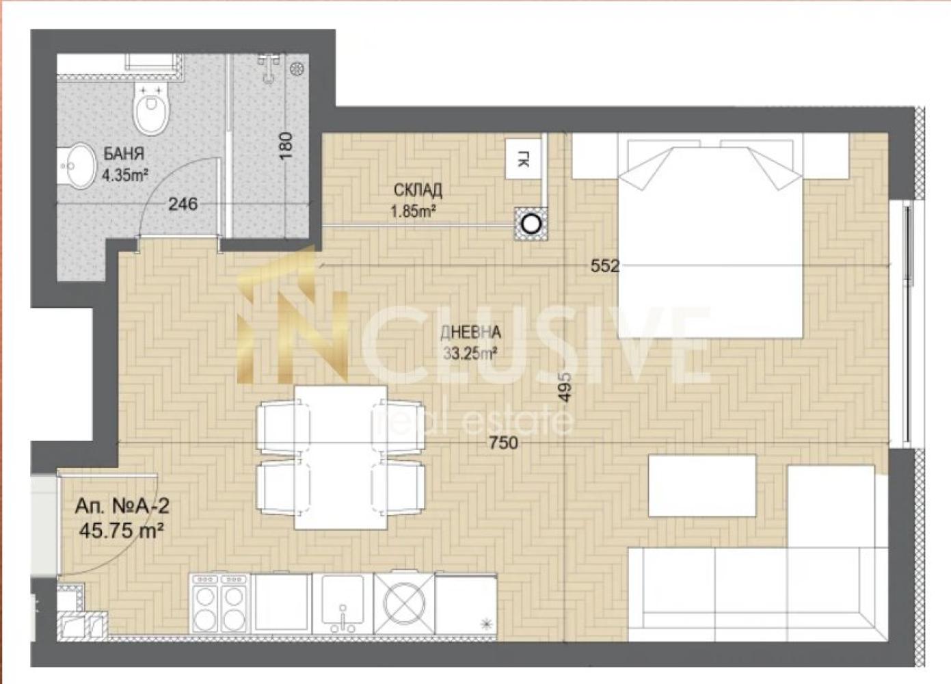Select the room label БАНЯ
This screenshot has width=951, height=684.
tap(124, 154)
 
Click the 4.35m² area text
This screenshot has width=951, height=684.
tap(125, 175)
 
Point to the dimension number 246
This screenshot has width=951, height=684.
tap(183, 205)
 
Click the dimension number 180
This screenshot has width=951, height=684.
tap(286, 146)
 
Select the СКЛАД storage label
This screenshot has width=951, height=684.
tap(418, 190)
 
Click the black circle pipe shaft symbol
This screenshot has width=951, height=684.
tap(531, 224)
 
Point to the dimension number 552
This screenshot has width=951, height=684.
tap(605, 266)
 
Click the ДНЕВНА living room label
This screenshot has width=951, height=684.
tap(470, 332)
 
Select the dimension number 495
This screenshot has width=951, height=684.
tap(565, 387)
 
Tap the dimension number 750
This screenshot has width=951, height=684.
tap(504, 443)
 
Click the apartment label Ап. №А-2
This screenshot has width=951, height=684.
tap(122, 506)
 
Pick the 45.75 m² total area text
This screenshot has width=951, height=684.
tap(122, 531)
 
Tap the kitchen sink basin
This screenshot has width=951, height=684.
tap(343, 600)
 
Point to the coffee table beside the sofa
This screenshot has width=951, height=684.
tap(702, 486)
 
